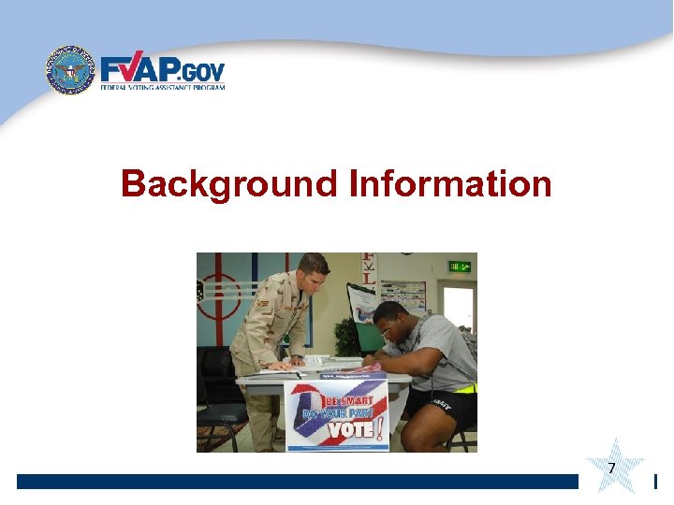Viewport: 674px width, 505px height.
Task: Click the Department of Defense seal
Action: coord(71,71)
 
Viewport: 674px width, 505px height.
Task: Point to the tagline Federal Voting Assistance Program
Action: coord(163,87)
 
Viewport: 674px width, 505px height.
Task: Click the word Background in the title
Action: coord(228,184)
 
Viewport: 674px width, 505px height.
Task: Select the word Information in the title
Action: coord(449,184)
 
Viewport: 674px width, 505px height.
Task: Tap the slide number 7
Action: coord(611,468)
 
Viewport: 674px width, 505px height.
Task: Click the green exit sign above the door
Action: coord(459,267)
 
